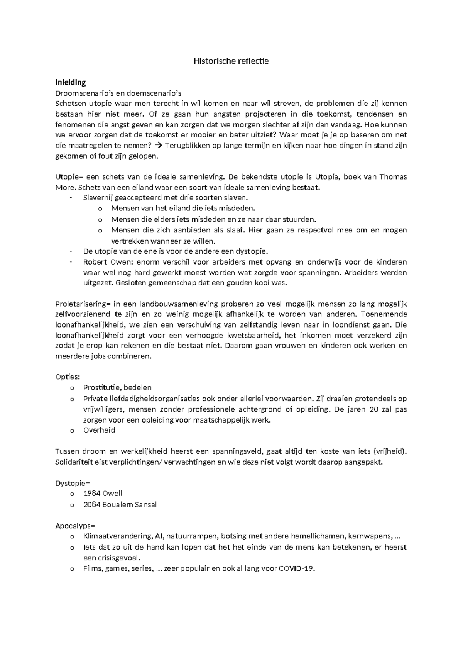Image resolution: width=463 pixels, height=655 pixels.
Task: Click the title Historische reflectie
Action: point(231,61)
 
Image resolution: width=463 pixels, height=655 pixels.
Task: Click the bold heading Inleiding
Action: point(71,82)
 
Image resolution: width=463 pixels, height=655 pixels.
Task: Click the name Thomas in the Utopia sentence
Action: point(393,177)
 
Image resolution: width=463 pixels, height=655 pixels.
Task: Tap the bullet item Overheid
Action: point(99,430)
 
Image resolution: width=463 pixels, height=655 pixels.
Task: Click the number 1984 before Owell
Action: point(92,493)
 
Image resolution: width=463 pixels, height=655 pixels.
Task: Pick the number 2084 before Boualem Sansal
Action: point(92,504)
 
